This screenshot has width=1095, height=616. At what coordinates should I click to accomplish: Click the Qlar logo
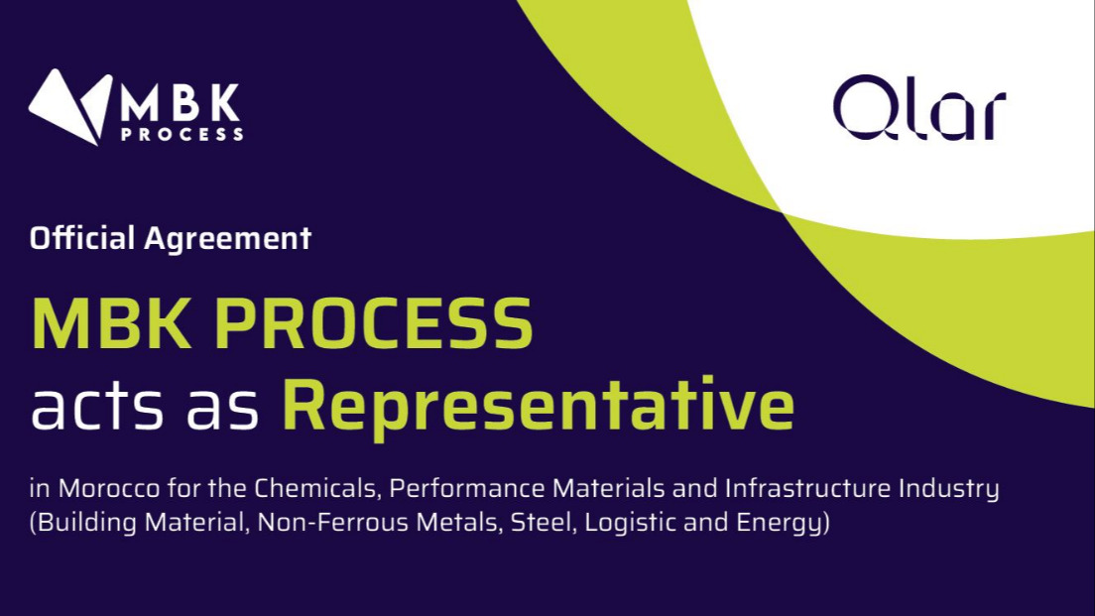coord(919,107)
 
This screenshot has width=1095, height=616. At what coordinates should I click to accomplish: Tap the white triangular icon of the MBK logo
coord(69,107)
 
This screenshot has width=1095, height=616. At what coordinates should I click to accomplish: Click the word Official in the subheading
coord(81,238)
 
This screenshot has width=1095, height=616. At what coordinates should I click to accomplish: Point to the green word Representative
coord(538,405)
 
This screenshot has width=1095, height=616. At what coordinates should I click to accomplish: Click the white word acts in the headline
coord(96,407)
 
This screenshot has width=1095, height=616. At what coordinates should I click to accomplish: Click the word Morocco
coord(109,488)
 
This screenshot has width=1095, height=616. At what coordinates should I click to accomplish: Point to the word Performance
coord(466,488)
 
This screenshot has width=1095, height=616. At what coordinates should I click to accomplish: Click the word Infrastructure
coord(808,488)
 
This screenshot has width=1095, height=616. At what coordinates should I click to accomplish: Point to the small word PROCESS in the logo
coord(182,133)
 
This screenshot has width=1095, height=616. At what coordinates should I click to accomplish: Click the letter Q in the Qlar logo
coord(866,107)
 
